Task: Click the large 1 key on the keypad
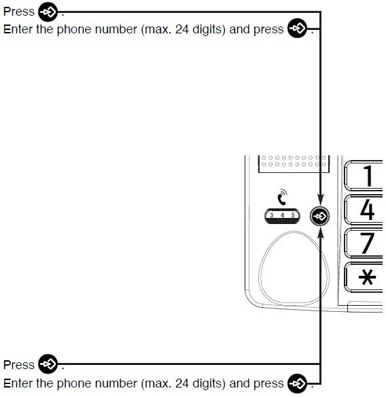[x=368, y=176]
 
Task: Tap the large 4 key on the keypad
[x=368, y=209]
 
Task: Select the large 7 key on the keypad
[x=368, y=243]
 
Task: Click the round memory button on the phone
[x=319, y=216]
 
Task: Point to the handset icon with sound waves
[x=282, y=199]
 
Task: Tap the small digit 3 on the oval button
[x=271, y=216]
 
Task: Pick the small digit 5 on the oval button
[x=293, y=216]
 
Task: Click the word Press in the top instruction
[x=19, y=12]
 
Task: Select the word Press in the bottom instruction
[x=19, y=365]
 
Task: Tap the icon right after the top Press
[x=48, y=12]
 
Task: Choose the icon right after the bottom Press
[x=48, y=364]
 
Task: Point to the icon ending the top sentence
[x=297, y=29]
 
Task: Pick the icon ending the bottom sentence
[x=297, y=383]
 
